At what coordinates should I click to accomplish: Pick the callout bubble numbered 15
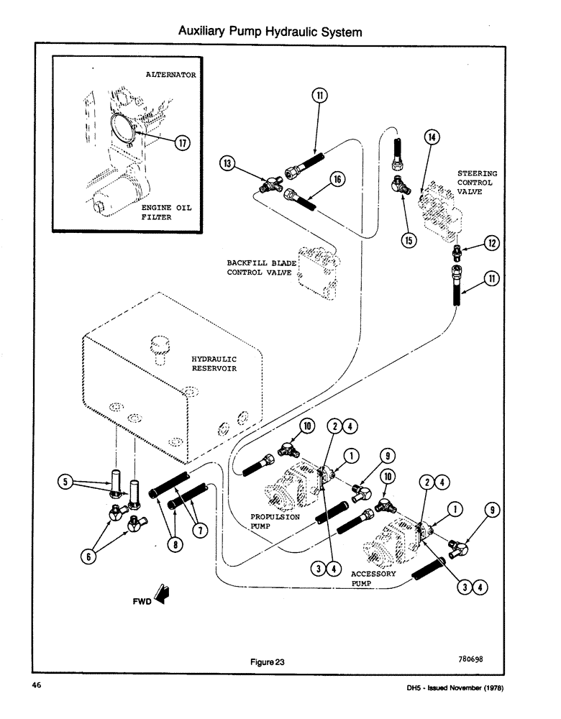click(x=409, y=240)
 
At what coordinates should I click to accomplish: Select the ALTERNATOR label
click(x=171, y=74)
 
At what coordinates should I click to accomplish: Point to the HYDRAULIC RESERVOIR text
click(x=214, y=363)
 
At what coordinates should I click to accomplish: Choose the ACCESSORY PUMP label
click(x=373, y=579)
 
